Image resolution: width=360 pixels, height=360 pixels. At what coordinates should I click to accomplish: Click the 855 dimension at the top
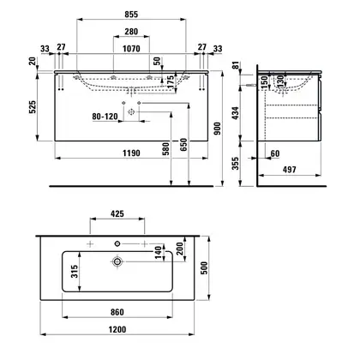[131, 14]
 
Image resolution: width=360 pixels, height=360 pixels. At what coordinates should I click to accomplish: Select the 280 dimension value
[131, 32]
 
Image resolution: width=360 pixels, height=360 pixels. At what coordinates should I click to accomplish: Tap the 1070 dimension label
[131, 49]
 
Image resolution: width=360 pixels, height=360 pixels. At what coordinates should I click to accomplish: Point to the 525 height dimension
[33, 107]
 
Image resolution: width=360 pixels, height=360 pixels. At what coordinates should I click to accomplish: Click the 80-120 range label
[105, 117]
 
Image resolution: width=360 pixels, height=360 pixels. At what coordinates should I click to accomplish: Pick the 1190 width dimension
[131, 153]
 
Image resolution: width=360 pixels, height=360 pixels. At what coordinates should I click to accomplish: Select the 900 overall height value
[218, 129]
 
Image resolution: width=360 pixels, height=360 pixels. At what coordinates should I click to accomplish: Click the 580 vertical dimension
[165, 148]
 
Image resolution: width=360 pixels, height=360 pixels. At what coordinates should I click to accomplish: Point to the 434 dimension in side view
[235, 113]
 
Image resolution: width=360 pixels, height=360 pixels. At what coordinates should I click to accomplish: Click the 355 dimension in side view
[235, 164]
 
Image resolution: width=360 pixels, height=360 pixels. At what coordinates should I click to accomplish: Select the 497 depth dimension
[290, 170]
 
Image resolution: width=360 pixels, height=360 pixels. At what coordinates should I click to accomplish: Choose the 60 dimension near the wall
[275, 153]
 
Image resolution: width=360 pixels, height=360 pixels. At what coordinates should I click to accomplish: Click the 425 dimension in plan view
[117, 213]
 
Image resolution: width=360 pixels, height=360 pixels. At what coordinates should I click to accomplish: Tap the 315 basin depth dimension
[75, 272]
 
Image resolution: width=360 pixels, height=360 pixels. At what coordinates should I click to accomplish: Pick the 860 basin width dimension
[117, 312]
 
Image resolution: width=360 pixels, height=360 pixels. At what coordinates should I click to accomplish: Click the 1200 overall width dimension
[117, 329]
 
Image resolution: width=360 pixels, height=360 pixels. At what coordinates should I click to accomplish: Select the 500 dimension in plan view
[204, 268]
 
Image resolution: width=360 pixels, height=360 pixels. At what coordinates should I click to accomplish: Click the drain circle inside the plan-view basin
[117, 261]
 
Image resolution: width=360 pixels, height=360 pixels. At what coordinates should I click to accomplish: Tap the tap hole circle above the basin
[117, 243]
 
